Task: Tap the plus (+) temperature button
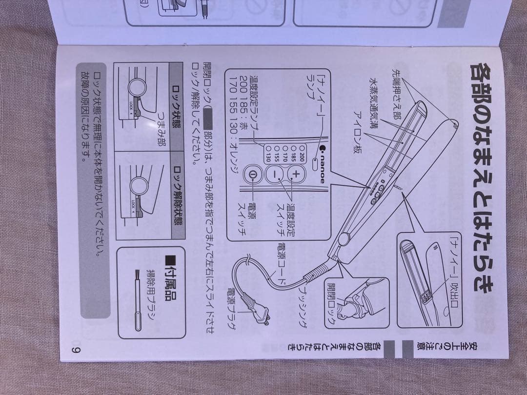[x=295, y=174]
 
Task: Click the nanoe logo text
[x=322, y=166]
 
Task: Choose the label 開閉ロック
[x=332, y=305]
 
